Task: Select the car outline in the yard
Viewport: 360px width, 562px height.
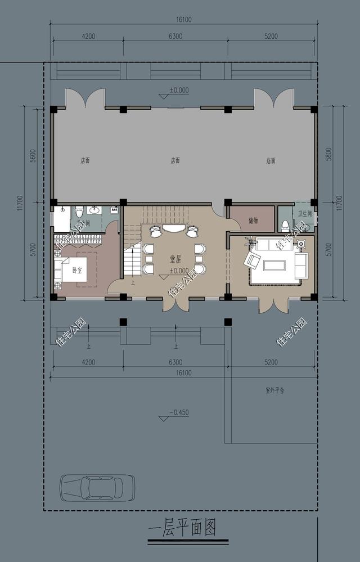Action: [x=97, y=487]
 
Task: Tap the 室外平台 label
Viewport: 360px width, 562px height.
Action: [x=274, y=389]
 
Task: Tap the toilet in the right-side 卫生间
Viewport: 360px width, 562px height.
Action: [x=286, y=226]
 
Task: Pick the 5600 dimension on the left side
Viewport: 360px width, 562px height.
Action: [x=33, y=156]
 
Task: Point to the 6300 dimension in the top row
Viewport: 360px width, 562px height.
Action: [x=175, y=37]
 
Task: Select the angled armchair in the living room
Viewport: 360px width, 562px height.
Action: [x=253, y=260]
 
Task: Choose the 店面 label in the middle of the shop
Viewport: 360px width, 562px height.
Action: [x=175, y=160]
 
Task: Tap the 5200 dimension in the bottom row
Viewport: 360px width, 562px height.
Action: [x=271, y=362]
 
